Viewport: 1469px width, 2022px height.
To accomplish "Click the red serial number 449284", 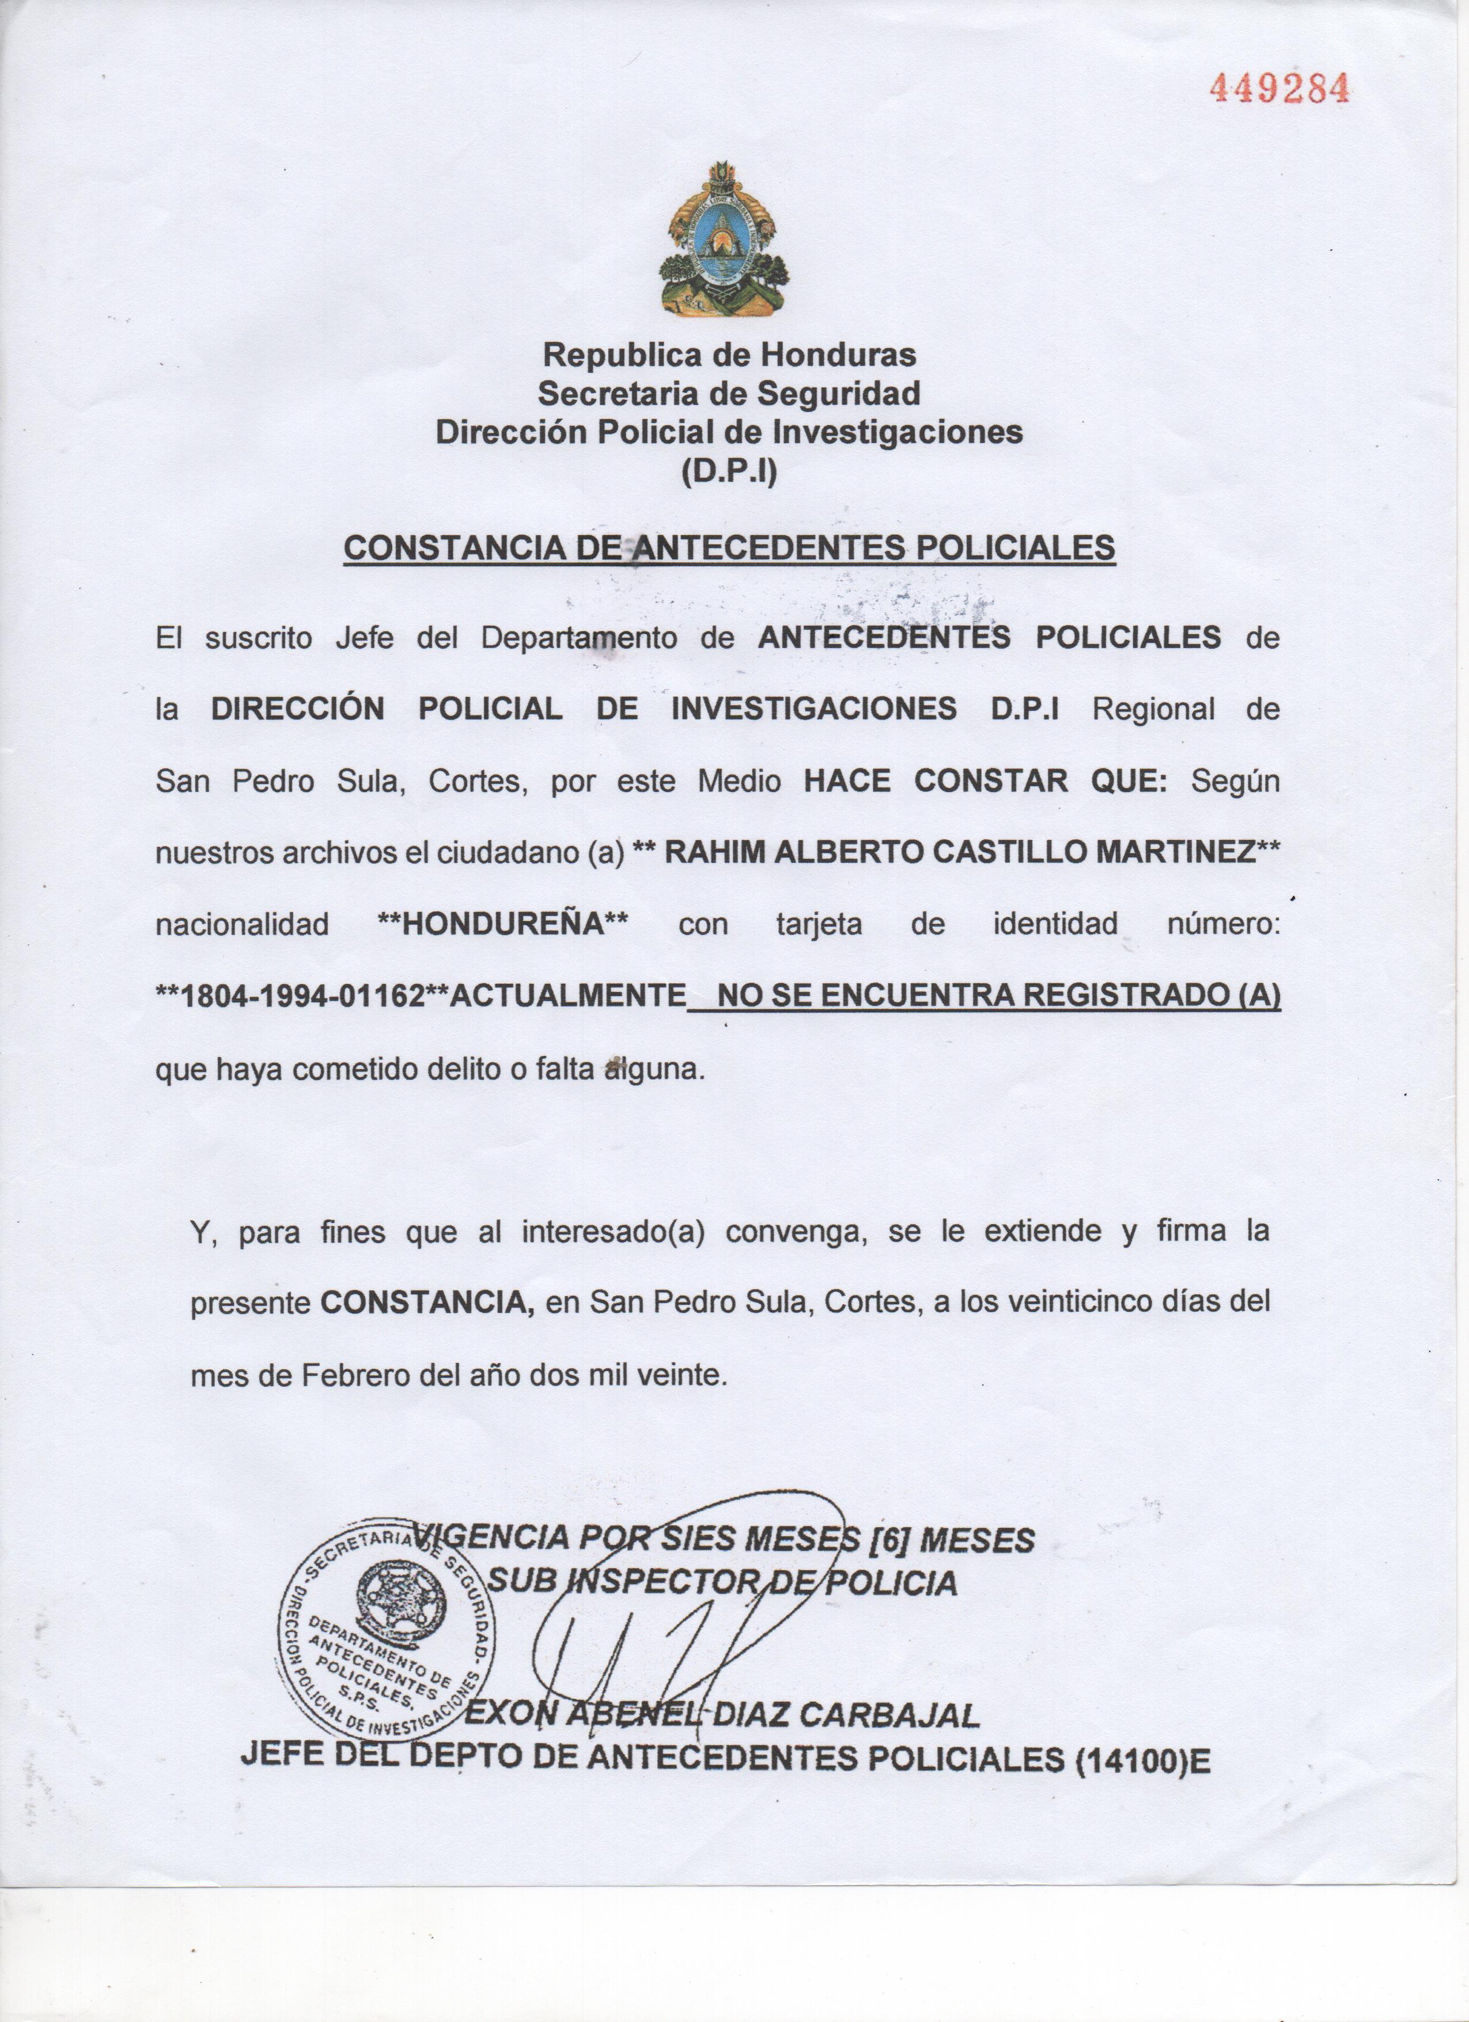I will pyautogui.click(x=1277, y=88).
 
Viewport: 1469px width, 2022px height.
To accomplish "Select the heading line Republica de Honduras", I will pyautogui.click(x=729, y=355).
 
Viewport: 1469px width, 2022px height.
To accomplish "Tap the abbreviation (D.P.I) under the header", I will pyautogui.click(x=729, y=470).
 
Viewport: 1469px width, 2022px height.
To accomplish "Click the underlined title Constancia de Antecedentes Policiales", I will pyautogui.click(x=729, y=547).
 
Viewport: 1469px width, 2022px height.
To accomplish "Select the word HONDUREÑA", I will pyautogui.click(x=503, y=923).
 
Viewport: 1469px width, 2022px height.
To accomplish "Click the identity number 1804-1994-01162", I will pyautogui.click(x=301, y=996).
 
